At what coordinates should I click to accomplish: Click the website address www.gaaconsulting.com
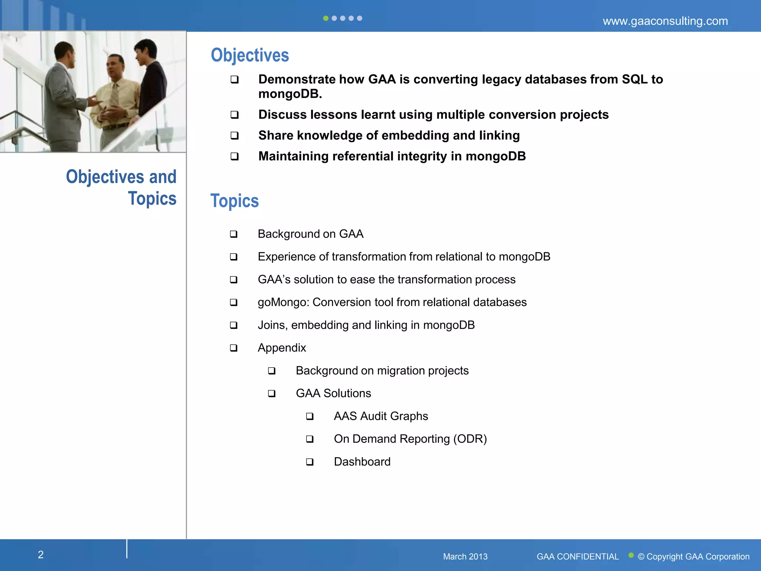click(x=665, y=21)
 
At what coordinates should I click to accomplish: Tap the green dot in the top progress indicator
click(x=326, y=18)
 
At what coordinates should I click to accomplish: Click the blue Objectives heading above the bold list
click(x=250, y=55)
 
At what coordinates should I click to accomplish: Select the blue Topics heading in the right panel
click(x=234, y=201)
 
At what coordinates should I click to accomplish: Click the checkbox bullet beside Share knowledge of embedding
click(x=234, y=136)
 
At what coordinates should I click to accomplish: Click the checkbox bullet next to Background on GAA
click(x=233, y=234)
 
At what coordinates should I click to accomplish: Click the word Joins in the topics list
click(x=272, y=325)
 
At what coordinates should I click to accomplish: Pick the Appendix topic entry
click(x=282, y=348)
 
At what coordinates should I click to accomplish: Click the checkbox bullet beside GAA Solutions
click(x=272, y=393)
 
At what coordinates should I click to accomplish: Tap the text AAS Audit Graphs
click(x=380, y=416)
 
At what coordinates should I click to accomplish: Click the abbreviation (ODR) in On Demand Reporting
click(x=470, y=439)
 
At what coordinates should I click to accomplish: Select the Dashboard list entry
click(x=362, y=462)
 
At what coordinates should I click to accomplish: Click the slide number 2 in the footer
click(x=41, y=555)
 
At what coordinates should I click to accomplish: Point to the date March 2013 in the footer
click(x=465, y=557)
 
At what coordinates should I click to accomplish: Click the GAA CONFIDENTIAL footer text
click(x=577, y=557)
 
